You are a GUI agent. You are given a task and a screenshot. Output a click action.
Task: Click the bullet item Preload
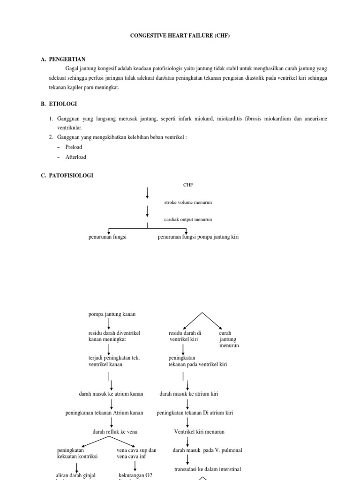[x=74, y=147]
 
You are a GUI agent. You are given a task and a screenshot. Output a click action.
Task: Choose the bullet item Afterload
[x=75, y=157]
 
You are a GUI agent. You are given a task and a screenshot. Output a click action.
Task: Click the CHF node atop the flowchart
[x=175, y=185]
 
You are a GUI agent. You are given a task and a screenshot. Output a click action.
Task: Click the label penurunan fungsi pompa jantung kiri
[x=198, y=237]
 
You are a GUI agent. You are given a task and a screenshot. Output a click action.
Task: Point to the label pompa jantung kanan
[x=112, y=314]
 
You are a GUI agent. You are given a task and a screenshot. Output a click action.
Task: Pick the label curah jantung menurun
[x=229, y=339]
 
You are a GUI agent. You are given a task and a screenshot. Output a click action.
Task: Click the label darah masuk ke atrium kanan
[x=111, y=394]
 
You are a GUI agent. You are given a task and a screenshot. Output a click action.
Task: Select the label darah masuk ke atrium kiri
[x=189, y=394]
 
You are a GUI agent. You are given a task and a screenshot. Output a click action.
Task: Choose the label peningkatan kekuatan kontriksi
[x=77, y=453]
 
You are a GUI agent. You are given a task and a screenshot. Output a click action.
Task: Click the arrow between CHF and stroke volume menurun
[x=147, y=192]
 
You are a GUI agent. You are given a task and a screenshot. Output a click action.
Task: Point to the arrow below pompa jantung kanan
[x=109, y=323]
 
